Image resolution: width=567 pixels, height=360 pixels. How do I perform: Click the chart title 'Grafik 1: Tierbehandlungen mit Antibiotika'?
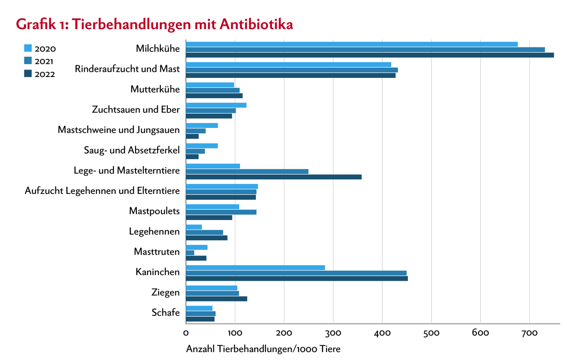154,24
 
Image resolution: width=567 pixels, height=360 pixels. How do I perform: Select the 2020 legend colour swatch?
27,48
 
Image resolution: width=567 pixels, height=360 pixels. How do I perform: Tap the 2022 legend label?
45,74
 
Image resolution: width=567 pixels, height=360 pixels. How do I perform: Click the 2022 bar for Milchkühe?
369,55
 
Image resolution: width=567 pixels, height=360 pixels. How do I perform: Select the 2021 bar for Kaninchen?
296,273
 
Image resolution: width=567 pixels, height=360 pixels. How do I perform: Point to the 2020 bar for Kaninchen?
255,267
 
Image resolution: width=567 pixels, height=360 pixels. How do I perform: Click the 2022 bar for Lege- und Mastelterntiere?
273,177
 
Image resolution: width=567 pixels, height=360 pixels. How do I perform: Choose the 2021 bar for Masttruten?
190,252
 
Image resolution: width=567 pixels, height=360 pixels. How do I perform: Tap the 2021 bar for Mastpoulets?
221,212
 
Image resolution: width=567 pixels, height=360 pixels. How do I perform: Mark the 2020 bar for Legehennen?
194,227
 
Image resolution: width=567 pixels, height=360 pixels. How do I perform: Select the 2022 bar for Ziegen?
216,299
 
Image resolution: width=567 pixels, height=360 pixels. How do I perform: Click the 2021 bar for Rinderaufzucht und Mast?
291,70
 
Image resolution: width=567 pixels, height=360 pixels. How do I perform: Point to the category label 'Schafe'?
166,313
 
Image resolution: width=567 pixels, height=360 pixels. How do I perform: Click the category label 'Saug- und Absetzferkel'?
132,150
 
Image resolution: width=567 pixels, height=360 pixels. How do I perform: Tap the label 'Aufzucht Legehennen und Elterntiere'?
102,191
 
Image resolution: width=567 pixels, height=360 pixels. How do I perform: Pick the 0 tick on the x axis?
186,332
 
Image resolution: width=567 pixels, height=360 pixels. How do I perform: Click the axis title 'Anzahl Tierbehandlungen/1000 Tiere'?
263,349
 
